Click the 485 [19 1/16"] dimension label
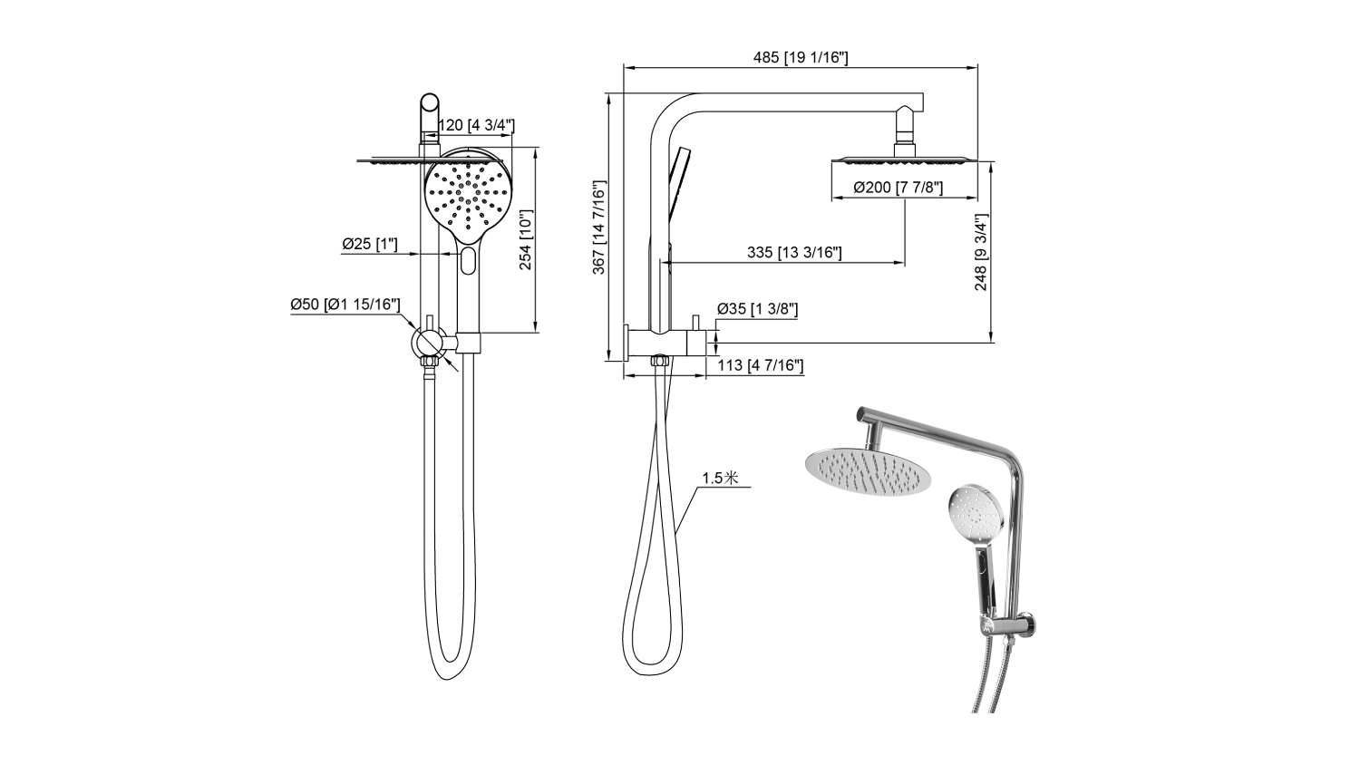[801, 58]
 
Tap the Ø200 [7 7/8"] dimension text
[898, 188]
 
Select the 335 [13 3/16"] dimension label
[794, 253]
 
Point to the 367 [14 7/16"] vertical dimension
[599, 228]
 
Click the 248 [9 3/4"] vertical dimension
[981, 252]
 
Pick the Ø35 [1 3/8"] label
[757, 309]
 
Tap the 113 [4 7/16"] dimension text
[760, 365]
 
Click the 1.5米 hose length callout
[720, 479]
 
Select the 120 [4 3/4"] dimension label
[477, 126]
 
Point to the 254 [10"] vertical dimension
[526, 240]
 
